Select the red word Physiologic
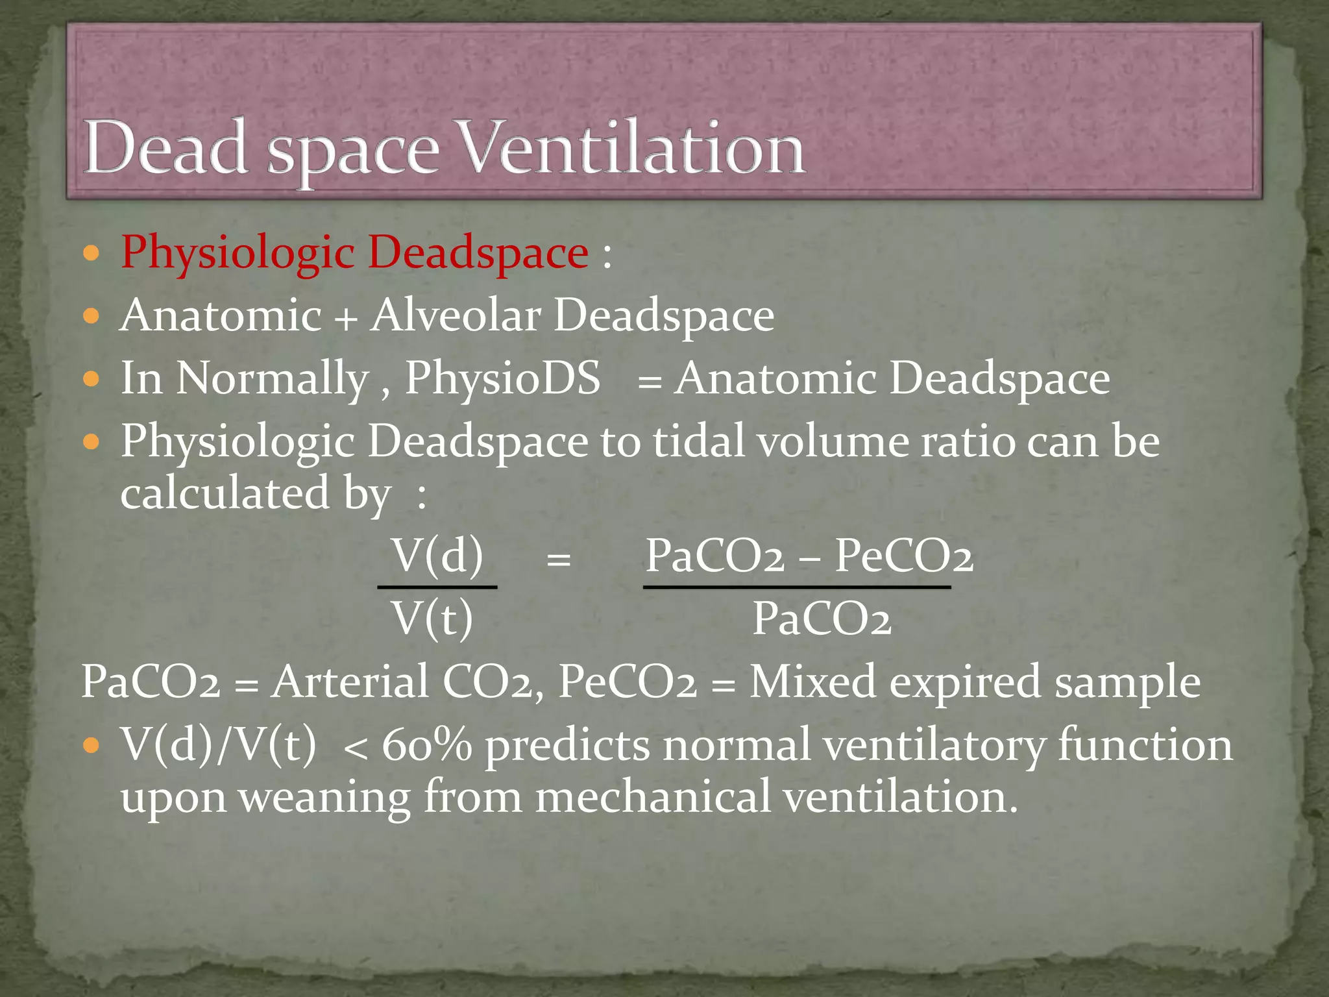[237, 253]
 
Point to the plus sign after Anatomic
[346, 319]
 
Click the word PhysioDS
[503, 378]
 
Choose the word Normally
[273, 379]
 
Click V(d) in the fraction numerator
[438, 556]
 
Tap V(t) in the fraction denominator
[433, 619]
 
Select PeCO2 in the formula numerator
[903, 556]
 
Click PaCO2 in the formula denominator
[822, 619]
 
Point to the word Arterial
[350, 682]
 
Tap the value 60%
[426, 745]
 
